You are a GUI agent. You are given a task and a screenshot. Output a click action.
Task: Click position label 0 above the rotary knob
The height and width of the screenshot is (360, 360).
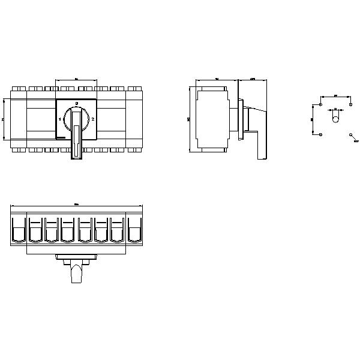pyautogui.click(x=76, y=104)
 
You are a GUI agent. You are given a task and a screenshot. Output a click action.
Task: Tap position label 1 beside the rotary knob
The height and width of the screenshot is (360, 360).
pyautogui.click(x=60, y=119)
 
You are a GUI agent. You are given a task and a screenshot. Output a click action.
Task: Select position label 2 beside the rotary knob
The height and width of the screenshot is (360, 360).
pyautogui.click(x=92, y=119)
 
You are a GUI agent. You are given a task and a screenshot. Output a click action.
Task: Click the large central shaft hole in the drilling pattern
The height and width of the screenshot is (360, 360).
pyautogui.click(x=335, y=119)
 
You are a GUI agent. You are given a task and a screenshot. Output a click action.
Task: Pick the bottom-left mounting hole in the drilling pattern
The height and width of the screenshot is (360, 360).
pyautogui.click(x=321, y=134)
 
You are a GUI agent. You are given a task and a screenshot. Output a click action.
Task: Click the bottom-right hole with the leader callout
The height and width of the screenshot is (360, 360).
pyautogui.click(x=350, y=135)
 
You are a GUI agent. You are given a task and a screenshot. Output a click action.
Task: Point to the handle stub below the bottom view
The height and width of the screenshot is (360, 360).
pyautogui.click(x=76, y=273)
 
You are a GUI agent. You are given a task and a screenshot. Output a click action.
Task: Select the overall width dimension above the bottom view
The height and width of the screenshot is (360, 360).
pyautogui.click(x=76, y=206)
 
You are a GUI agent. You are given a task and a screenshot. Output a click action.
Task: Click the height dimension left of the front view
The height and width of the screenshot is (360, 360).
pyautogui.click(x=4, y=119)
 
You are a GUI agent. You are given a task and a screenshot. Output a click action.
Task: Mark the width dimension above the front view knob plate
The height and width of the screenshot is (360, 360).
pyautogui.click(x=76, y=79)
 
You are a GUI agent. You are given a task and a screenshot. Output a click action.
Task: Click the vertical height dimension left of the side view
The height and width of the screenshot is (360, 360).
pyautogui.click(x=190, y=119)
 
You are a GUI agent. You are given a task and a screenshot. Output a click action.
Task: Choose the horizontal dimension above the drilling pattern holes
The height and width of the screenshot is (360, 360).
pyautogui.click(x=335, y=95)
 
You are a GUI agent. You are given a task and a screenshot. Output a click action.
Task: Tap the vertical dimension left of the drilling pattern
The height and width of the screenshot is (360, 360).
pyautogui.click(x=313, y=119)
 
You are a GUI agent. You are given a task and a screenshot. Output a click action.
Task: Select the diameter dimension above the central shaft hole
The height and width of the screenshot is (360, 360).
pyautogui.click(x=335, y=109)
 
